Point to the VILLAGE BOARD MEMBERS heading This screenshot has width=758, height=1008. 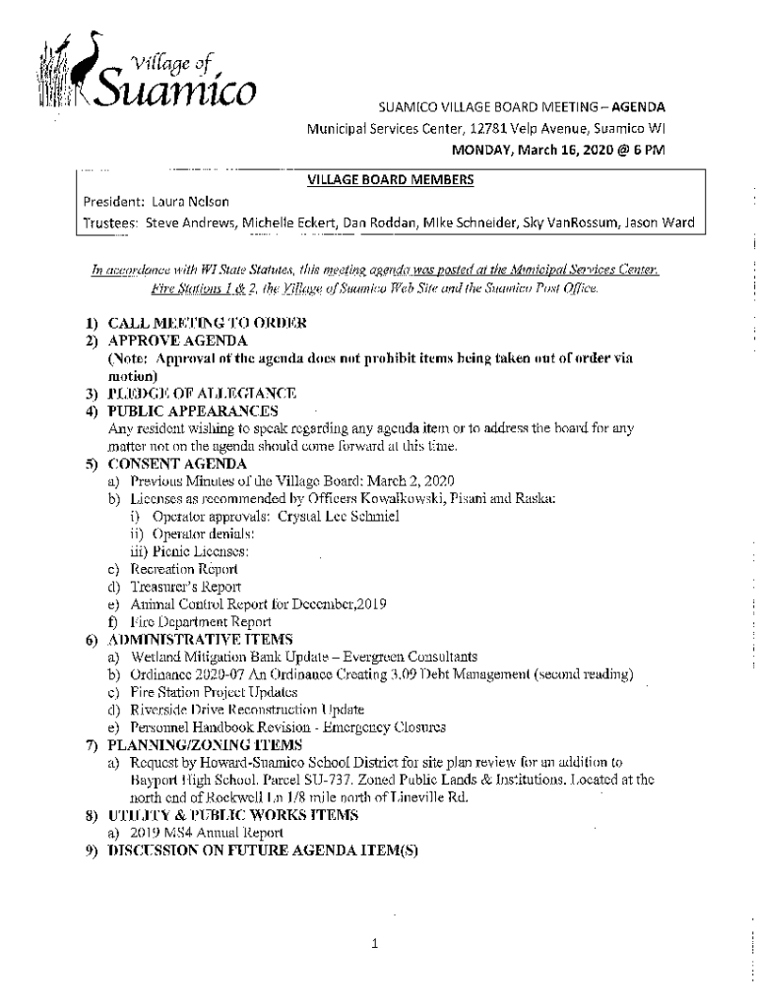coord(391,179)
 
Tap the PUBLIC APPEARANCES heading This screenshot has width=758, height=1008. coord(193,410)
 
